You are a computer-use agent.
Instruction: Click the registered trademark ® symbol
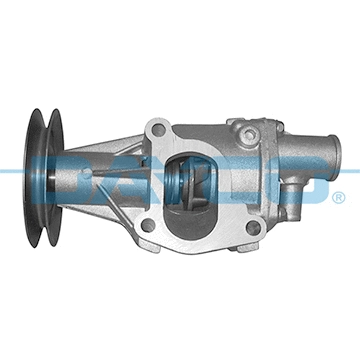pos(339,197)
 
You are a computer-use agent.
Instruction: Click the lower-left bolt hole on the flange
pos(147,226)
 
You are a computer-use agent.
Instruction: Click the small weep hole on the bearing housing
pos(88,171)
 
